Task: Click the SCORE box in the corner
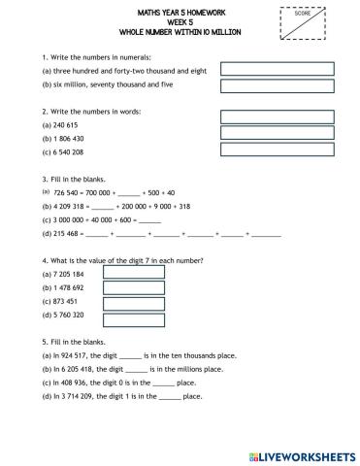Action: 308,22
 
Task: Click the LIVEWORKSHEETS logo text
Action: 310,455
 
